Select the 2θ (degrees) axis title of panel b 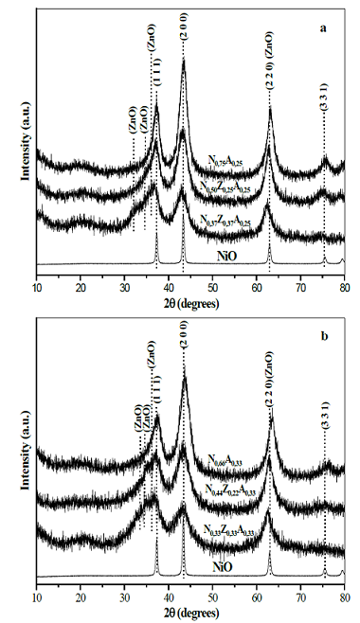tap(189, 611)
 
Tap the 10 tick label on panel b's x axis tap(37, 596)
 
